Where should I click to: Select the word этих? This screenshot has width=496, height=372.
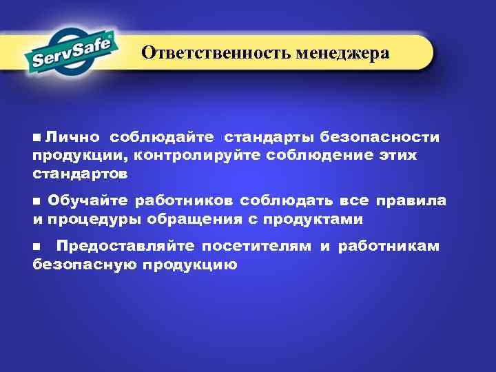395,155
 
